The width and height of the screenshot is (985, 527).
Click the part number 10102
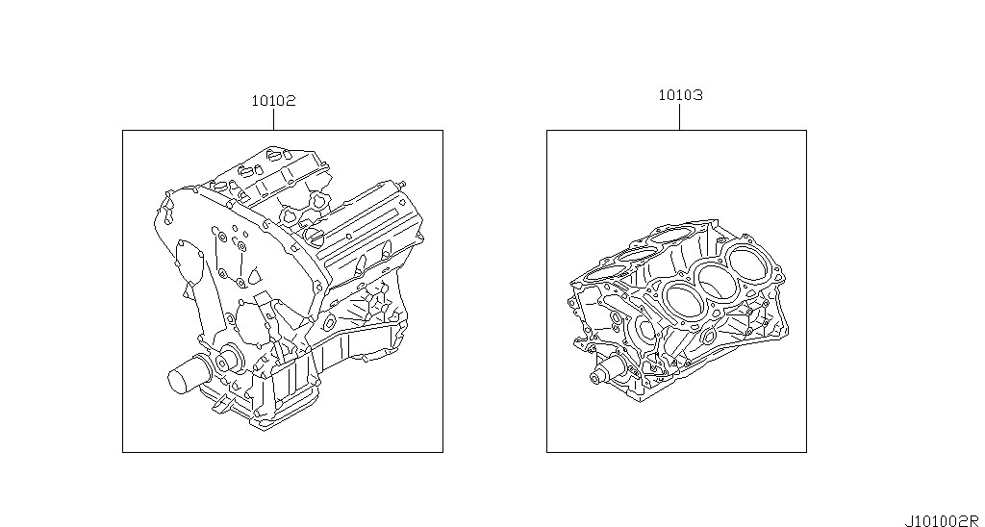click(x=273, y=101)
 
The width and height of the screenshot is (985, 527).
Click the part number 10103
click(x=680, y=95)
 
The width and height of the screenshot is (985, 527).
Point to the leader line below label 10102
click(x=274, y=119)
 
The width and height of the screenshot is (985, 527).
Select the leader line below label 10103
click(x=680, y=116)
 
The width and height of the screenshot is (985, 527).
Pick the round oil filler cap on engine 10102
click(x=314, y=237)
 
